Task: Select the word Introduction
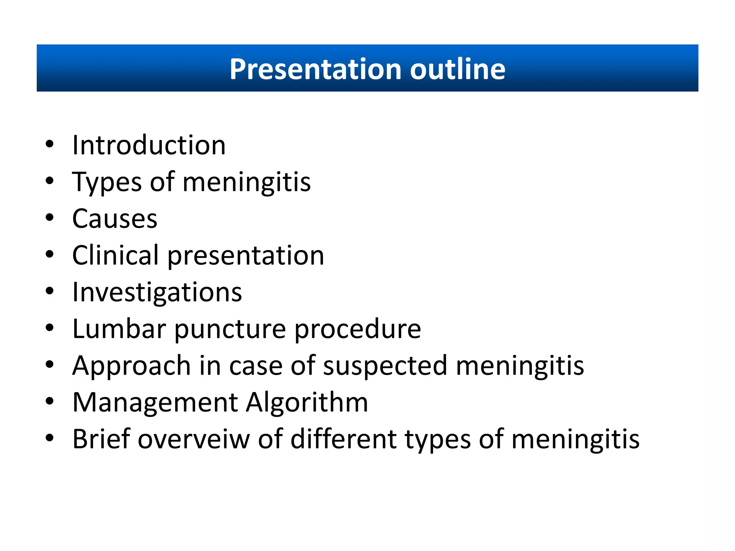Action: (x=149, y=145)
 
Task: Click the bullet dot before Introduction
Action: (x=50, y=144)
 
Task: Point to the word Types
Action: (x=107, y=182)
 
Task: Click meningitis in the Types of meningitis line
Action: (x=247, y=182)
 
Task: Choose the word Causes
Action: (x=115, y=218)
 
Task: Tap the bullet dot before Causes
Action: (x=50, y=218)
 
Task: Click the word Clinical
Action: (x=116, y=255)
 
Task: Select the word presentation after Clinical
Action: (x=246, y=256)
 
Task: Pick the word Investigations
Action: (x=157, y=292)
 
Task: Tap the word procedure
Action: (x=357, y=329)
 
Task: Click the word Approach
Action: (x=131, y=366)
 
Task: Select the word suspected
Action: (x=385, y=366)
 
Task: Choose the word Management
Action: (x=155, y=402)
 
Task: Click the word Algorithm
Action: (x=307, y=402)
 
